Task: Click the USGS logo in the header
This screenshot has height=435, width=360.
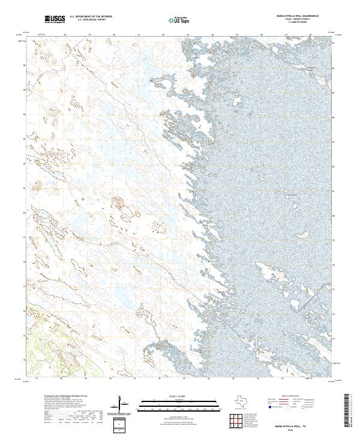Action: point(55,20)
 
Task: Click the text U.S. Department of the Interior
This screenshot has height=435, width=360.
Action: point(91,16)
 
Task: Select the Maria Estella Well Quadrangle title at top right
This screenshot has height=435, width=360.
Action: point(298,16)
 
